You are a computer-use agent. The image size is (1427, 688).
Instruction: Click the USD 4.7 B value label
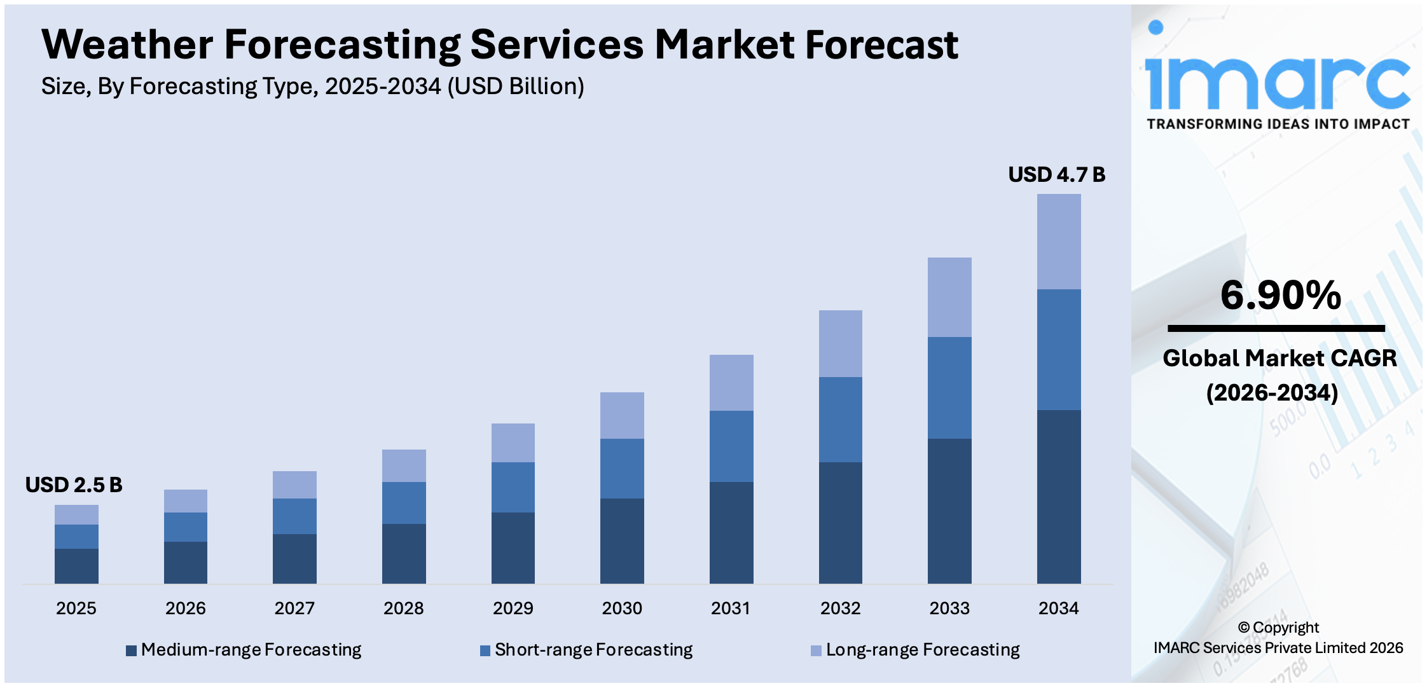pos(1056,174)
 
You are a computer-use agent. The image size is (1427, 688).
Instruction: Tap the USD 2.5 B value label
pos(74,485)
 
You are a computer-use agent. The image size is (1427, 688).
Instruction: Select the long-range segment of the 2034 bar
pos(1058,242)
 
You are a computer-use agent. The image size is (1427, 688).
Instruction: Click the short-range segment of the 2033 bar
pos(949,387)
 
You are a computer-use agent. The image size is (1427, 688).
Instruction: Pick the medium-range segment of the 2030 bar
pos(622,540)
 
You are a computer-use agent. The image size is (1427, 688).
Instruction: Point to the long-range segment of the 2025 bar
pos(76,514)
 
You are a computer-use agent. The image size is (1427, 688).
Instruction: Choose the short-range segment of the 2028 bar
pos(404,502)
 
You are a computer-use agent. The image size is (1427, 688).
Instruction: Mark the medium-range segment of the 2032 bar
pos(840,522)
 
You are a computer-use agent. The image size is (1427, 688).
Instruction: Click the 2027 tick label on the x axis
pos(294,609)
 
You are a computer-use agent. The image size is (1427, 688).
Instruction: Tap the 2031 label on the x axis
pos(731,609)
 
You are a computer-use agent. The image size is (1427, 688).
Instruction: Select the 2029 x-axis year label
pos(513,609)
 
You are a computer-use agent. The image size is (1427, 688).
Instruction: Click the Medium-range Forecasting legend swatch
pos(132,650)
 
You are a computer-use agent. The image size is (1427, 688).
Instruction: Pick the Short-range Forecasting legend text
pos(593,650)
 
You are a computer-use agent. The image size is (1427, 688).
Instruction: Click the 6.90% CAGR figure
pos(1280,296)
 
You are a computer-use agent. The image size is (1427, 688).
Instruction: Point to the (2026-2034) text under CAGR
pos(1272,392)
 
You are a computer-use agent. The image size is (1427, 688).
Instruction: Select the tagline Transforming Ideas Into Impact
pos(1278,124)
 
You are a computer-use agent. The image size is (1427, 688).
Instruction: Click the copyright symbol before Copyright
pos(1244,628)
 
